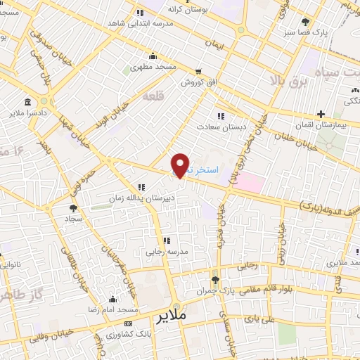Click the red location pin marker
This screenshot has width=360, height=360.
click(x=181, y=165)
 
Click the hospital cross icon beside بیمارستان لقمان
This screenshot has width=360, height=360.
click(x=321, y=114)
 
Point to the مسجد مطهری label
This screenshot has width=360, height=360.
click(x=153, y=70)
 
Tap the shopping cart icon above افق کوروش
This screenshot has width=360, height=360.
click(x=199, y=71)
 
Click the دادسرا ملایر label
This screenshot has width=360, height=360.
click(x=28, y=112)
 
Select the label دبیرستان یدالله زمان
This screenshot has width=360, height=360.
click(x=141, y=198)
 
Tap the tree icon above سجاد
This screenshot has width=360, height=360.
click(x=73, y=208)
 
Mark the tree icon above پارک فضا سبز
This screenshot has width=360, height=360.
click(x=304, y=22)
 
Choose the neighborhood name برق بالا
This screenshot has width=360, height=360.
click(x=284, y=80)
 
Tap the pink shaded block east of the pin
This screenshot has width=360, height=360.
click(x=250, y=181)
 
